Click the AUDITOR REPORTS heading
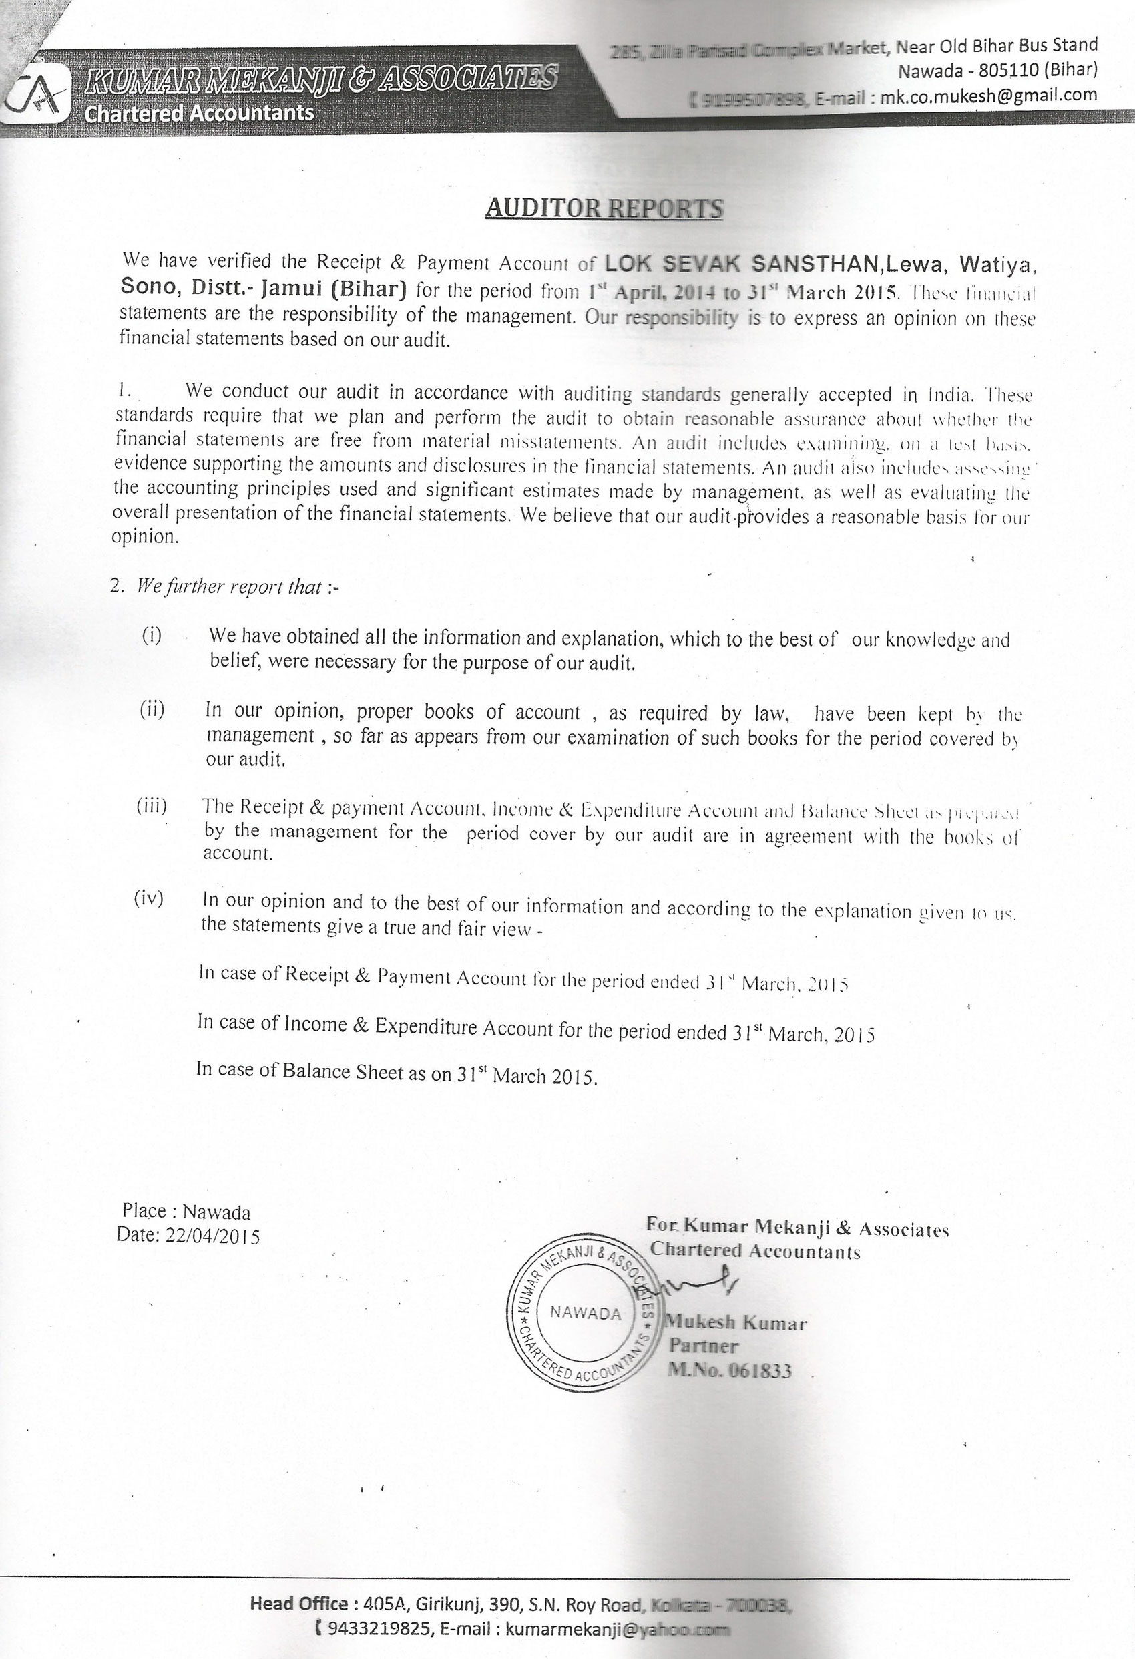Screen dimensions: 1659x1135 pyautogui.click(x=604, y=208)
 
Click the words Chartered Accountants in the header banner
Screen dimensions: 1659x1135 pyautogui.click(x=199, y=113)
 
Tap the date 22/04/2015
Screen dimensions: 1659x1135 pyautogui.click(x=212, y=1236)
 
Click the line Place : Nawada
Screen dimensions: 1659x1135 pyautogui.click(x=186, y=1212)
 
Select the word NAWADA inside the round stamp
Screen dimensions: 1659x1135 pyautogui.click(x=586, y=1314)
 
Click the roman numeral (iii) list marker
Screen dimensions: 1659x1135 pyautogui.click(x=152, y=806)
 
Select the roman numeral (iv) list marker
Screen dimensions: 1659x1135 pyautogui.click(x=148, y=899)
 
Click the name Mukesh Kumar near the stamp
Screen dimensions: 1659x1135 pyautogui.click(x=736, y=1323)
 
